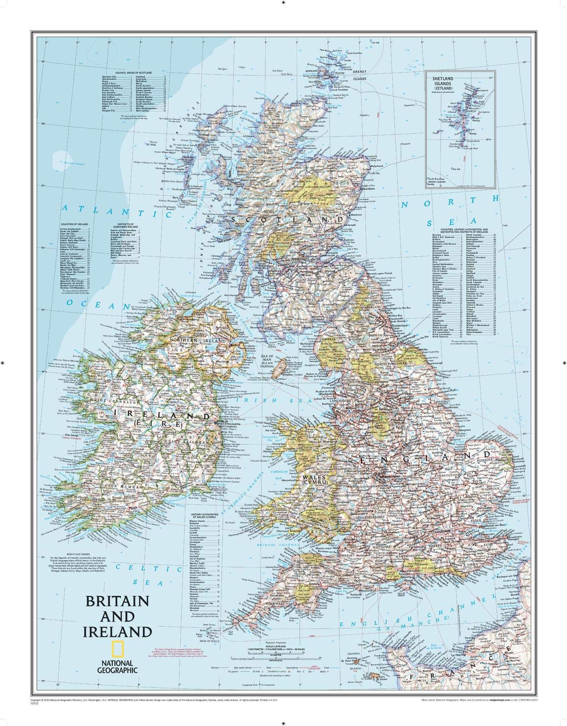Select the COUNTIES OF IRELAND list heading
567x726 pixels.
[74, 223]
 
